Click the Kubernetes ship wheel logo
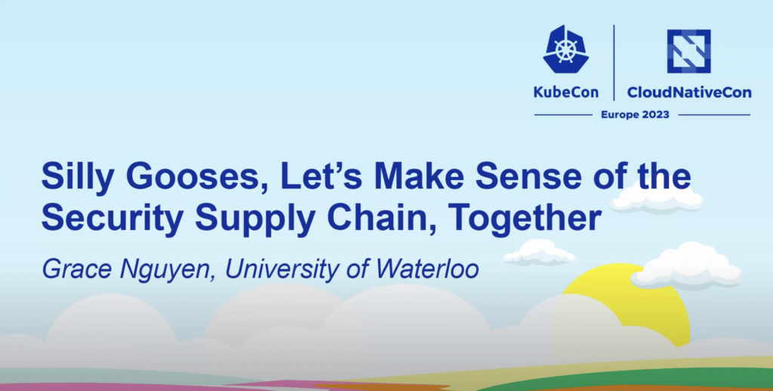pyautogui.click(x=565, y=50)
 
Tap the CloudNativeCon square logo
pyautogui.click(x=688, y=51)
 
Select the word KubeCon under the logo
pyautogui.click(x=566, y=92)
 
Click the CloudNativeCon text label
pyautogui.click(x=689, y=92)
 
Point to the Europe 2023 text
pyautogui.click(x=635, y=115)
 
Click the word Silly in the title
pyautogui.click(x=77, y=177)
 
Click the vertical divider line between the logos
pyautogui.click(x=614, y=63)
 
